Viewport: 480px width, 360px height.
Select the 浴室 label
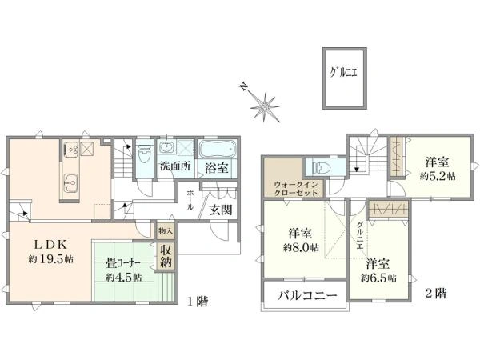coord(214,168)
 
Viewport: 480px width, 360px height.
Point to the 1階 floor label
coord(198,302)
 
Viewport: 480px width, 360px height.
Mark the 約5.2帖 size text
coord(440,174)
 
